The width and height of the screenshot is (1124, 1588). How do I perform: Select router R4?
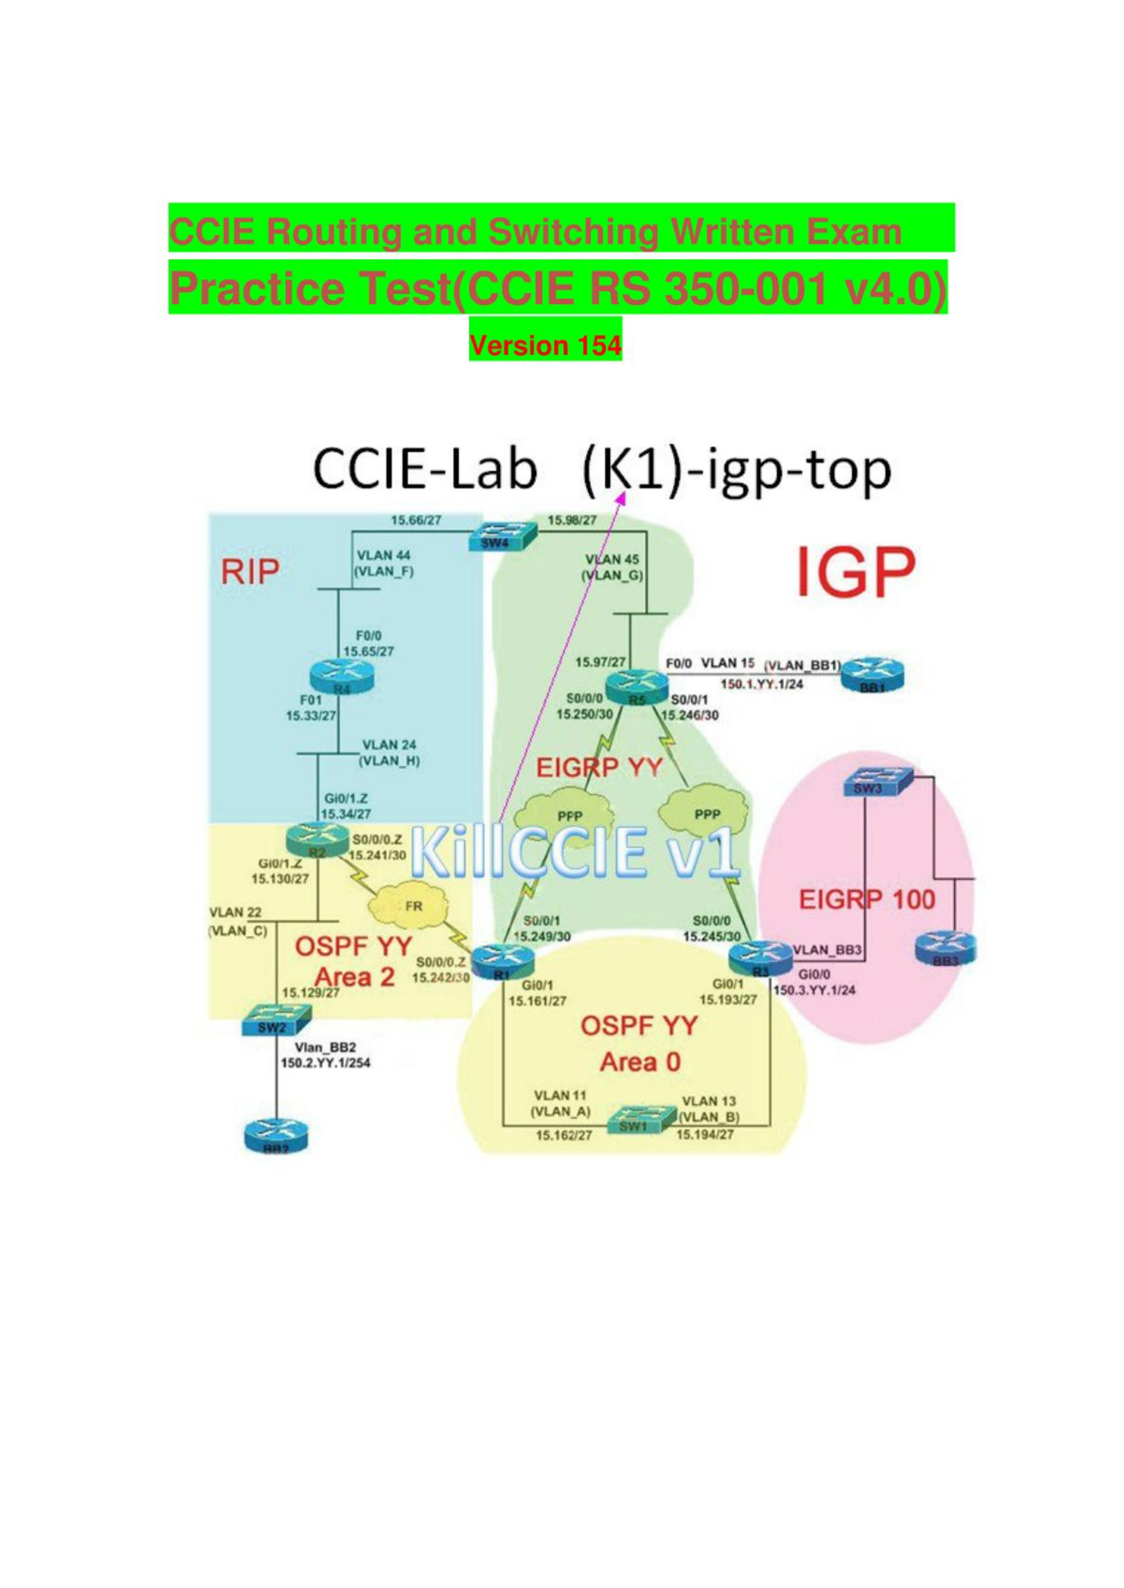click(x=341, y=678)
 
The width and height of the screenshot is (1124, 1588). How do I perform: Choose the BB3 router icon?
click(x=946, y=948)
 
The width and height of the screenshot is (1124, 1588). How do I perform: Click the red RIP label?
click(x=250, y=571)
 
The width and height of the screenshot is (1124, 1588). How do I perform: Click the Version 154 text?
click(x=545, y=346)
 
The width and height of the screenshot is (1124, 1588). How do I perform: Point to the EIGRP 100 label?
click(x=867, y=900)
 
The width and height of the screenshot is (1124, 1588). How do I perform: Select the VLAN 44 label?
click(x=384, y=555)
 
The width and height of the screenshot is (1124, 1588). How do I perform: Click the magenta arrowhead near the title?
click(x=621, y=498)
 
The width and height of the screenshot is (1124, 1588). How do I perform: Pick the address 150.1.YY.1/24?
click(x=762, y=684)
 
